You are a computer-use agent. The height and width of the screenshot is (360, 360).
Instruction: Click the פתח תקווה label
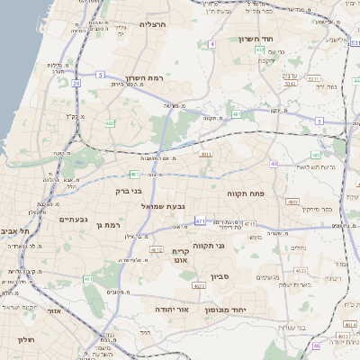coord(245,192)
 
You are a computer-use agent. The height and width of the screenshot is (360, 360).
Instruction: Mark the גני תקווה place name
coord(235,245)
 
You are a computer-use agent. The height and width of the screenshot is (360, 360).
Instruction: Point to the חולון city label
coord(23,339)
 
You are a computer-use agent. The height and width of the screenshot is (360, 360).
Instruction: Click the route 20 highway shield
coord(76,83)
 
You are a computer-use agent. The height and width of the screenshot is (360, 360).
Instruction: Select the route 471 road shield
coord(199,220)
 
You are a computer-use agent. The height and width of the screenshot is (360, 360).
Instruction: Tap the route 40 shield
coord(274,164)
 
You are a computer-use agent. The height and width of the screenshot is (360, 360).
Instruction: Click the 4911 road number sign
coord(206,155)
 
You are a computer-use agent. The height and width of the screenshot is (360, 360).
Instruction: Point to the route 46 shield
coord(317,346)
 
